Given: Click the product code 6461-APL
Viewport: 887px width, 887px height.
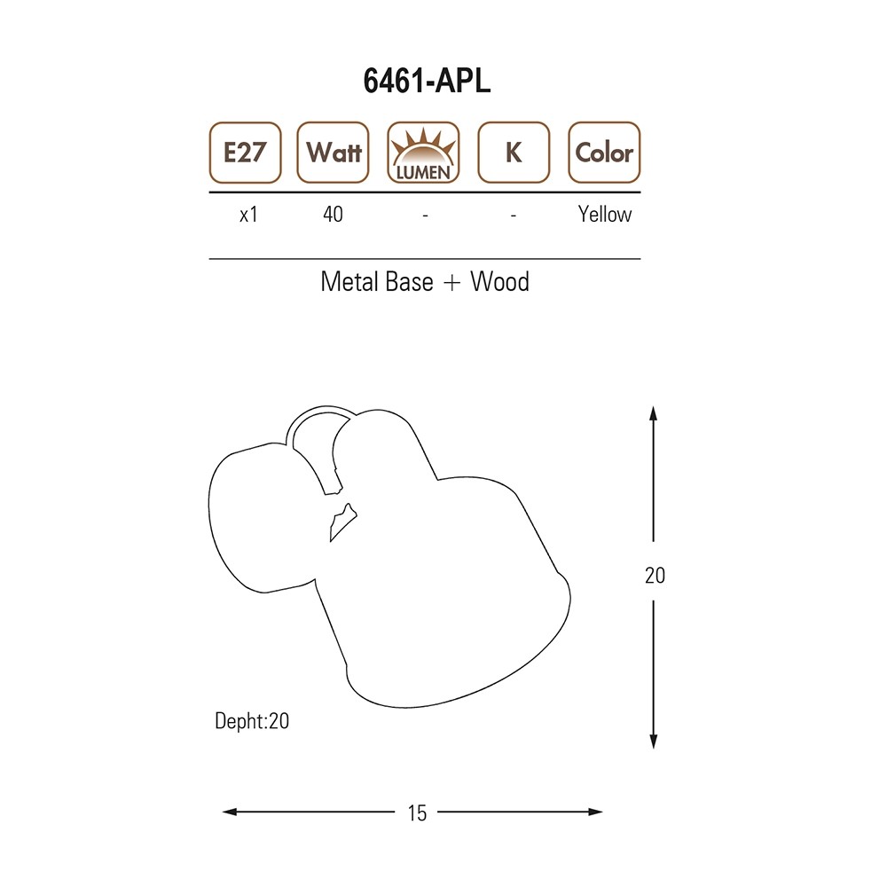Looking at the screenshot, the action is [x=427, y=81].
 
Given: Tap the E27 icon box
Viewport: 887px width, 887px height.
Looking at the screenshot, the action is [x=245, y=153].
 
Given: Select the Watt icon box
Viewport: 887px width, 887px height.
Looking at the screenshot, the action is [x=334, y=153].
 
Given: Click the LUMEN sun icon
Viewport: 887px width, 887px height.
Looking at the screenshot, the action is [x=423, y=153].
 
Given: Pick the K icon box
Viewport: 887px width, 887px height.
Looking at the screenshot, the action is [x=514, y=153].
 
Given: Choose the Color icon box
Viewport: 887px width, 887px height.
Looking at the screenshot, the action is [x=604, y=153].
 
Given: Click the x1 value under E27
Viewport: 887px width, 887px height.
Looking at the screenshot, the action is [x=249, y=215].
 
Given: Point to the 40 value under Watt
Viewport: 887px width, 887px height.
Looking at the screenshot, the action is [x=334, y=215].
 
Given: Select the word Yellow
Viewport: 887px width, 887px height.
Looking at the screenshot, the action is [x=605, y=215].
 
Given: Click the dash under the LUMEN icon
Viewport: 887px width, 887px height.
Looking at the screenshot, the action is [x=425, y=216].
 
